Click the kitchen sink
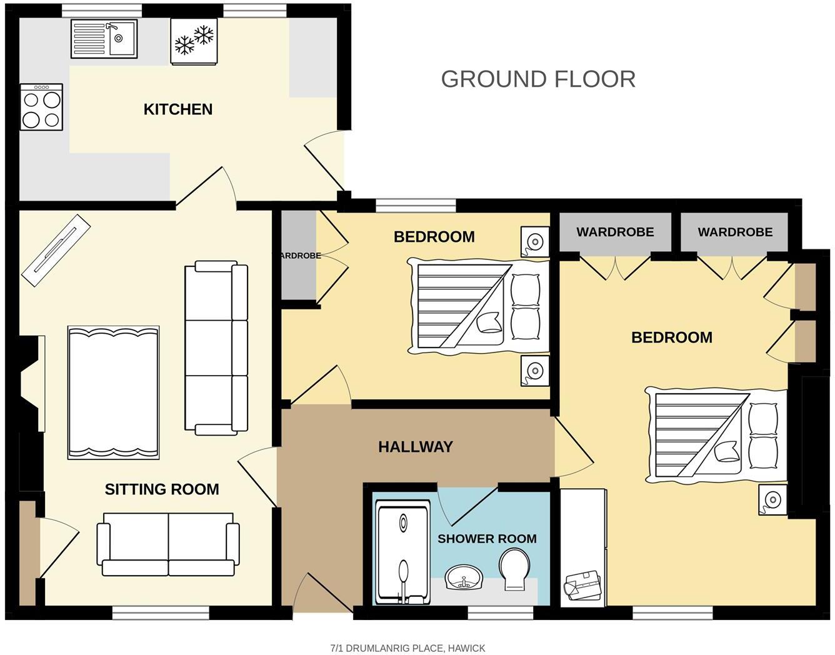pos(104,38)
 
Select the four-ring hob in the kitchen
pos(41,107)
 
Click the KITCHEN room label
pos(178,109)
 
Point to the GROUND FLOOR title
pos(538,79)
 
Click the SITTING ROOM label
pos(162,489)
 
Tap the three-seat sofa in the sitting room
pos(216,347)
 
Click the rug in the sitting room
pos(113,393)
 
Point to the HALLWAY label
pos(415,447)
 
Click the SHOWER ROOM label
pos(487,539)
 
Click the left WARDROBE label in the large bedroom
pos(615,232)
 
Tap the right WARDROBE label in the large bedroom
pos(735,232)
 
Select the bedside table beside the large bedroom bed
pos(773,500)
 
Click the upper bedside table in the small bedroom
pos(535,241)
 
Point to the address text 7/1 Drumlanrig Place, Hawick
pos(407,648)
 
